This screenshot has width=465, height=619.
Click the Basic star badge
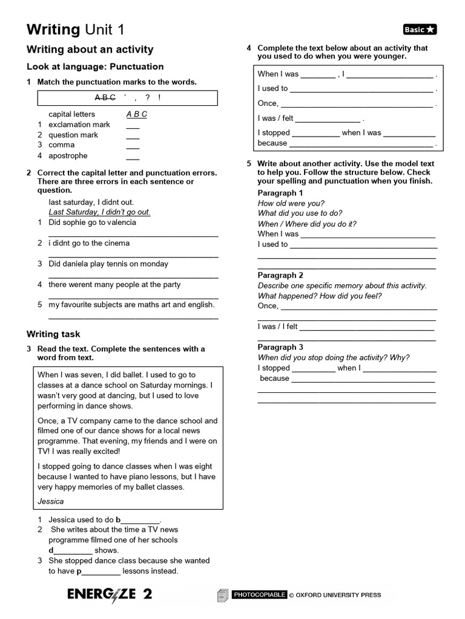pos(420,30)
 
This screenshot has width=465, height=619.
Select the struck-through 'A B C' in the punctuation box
pos(105,98)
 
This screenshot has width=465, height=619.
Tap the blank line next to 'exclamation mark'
pos(133,125)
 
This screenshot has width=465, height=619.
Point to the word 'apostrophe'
pos(68,155)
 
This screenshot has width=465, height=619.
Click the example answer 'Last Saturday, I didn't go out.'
pos(99,212)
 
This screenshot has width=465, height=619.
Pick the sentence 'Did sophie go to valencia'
pos(92,222)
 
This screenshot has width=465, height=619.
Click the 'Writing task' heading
pos(53,334)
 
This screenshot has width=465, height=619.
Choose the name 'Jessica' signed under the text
pos(50,501)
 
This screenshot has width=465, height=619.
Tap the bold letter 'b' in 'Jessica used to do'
pos(118,520)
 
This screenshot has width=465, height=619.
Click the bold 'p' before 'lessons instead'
pos(79,571)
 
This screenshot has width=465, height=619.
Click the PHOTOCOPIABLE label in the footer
pos(259,595)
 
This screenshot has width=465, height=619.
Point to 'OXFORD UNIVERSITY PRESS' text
pos(338,595)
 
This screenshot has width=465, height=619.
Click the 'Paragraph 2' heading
pos(280,275)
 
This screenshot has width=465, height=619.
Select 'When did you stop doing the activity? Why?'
pos(334,357)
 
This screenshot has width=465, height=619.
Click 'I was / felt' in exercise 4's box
pos(275,118)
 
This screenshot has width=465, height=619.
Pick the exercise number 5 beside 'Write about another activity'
pos(249,164)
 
